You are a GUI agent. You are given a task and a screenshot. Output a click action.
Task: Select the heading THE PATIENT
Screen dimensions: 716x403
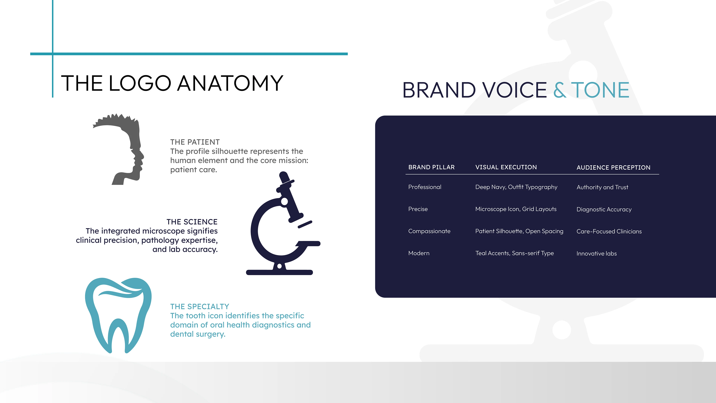195,142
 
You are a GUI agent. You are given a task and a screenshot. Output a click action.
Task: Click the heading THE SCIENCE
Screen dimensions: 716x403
192,222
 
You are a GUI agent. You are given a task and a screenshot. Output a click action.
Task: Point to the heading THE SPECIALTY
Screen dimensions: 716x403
200,307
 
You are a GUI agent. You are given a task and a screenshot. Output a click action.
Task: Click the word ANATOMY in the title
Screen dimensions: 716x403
230,83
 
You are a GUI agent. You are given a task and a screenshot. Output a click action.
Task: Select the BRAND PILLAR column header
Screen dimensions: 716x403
431,167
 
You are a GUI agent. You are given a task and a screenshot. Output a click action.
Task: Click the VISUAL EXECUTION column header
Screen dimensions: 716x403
506,167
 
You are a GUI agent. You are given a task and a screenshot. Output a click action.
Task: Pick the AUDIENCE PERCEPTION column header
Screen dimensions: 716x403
613,167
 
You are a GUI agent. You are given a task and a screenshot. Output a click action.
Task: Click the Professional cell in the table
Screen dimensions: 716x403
425,187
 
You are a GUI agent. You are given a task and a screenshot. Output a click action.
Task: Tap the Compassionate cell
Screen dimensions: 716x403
429,231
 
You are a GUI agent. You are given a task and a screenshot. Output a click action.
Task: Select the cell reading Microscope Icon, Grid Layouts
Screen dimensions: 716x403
516,209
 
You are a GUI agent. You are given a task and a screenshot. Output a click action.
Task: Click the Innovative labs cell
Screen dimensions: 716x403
596,253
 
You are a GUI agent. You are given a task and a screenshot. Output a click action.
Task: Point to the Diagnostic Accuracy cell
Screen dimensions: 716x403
604,209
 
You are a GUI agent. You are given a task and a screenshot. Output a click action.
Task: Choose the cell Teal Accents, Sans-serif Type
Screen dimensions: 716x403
514,253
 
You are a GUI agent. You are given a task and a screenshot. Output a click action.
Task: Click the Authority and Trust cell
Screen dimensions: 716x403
602,187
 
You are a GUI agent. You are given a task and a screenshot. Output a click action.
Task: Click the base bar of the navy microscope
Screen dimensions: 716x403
279,272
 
